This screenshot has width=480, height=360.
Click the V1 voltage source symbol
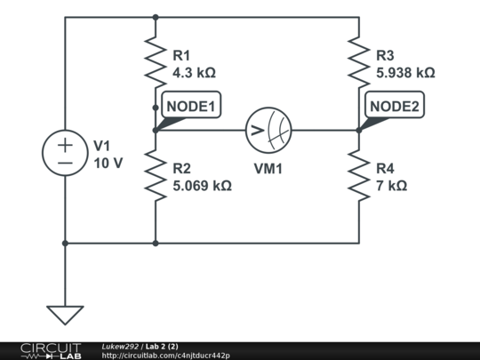(65, 153)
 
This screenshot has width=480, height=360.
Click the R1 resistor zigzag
(156, 62)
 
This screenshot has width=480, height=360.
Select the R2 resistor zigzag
(156, 175)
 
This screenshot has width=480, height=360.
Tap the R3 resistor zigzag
(359, 62)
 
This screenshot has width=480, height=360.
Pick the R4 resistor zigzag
(359, 175)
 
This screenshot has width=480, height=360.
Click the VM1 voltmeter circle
(268, 131)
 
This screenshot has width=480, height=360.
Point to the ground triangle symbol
(65, 315)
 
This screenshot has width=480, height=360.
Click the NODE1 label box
(191, 105)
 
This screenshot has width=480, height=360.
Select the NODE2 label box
(395, 105)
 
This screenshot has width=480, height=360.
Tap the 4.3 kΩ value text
(195, 73)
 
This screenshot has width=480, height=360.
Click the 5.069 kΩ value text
(202, 186)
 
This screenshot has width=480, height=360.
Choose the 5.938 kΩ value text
(405, 73)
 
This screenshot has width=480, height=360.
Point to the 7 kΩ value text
(392, 186)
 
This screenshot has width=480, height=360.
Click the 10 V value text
(108, 164)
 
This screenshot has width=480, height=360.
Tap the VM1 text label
(268, 169)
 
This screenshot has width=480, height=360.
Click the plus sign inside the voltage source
(65, 145)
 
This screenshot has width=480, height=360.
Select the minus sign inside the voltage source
(65, 163)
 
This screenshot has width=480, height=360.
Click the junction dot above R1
(156, 17)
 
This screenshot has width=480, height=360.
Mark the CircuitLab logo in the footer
(51, 351)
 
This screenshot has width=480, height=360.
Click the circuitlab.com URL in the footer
(165, 356)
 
